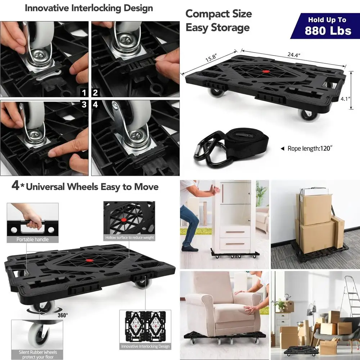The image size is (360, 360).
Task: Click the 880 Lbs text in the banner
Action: coord(328,30)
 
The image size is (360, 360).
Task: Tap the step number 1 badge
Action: coord(84,93)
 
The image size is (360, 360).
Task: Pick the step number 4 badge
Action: coord(95,105)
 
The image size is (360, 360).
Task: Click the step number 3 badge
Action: coord(84,105)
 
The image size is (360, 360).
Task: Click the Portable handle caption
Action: coord(32,239)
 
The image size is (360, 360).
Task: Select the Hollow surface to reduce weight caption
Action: coord(129,238)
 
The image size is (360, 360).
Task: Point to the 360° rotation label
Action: coord(62,315)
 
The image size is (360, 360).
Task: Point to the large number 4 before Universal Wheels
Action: coord(15,186)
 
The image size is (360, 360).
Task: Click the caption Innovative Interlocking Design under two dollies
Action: coord(145,346)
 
